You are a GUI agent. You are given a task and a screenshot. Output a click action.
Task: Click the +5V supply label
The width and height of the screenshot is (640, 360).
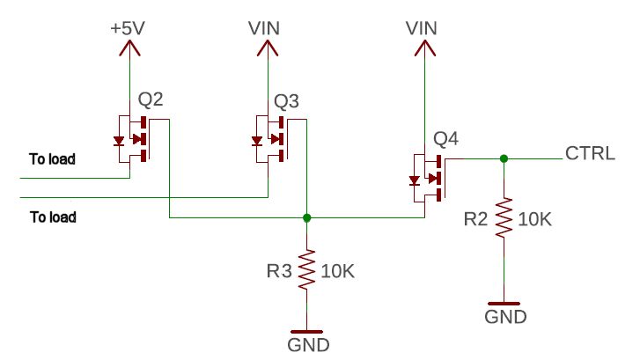coord(129,27)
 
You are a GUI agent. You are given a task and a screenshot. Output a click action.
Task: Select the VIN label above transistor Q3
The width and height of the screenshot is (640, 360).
coord(265,27)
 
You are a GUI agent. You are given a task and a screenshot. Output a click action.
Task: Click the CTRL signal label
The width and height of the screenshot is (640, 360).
coord(590,154)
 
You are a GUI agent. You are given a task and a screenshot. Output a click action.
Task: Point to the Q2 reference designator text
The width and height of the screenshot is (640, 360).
coord(151,100)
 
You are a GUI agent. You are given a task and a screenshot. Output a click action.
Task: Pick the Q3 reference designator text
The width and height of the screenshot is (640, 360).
coord(287,100)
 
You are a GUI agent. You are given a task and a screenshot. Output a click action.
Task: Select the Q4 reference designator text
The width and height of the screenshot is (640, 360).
coord(446,139)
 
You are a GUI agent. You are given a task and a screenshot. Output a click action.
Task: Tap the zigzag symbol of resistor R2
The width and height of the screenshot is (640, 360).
coord(504,219)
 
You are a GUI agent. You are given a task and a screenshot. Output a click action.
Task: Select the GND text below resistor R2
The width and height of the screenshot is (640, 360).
coord(504,317)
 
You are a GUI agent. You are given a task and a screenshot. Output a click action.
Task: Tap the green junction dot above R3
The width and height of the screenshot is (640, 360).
coord(306,217)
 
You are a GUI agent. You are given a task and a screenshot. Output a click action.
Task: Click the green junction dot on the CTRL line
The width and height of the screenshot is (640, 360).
coord(504,159)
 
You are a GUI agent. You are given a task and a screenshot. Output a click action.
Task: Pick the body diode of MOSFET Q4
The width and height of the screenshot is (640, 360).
coord(413,180)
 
